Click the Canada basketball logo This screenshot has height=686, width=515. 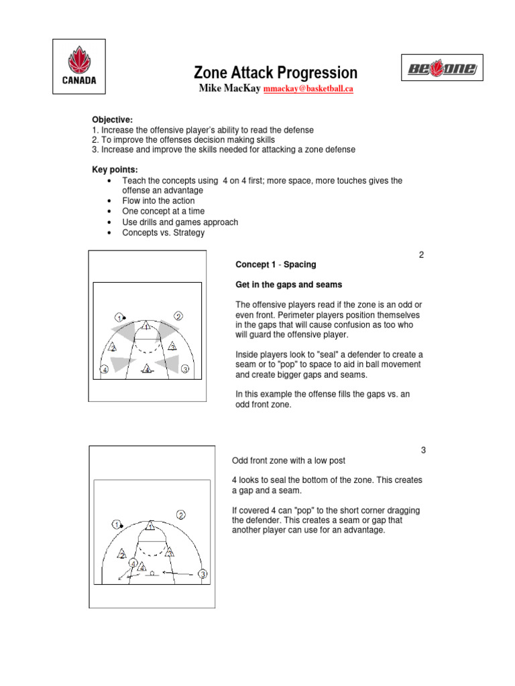(75, 65)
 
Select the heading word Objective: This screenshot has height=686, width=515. (113, 119)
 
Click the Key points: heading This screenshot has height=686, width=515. (115, 170)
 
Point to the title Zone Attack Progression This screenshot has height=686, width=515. (276, 72)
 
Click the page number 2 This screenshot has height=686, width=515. (421, 255)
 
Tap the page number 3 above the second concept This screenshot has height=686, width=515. (423, 450)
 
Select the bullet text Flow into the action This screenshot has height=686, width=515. (158, 201)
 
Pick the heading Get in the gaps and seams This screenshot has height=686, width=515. (289, 285)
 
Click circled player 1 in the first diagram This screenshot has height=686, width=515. (119, 316)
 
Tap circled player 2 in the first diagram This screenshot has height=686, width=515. (178, 316)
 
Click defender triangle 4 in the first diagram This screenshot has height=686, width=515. (147, 369)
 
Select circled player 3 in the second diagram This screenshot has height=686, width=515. (203, 574)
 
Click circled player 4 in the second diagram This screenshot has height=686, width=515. (133, 563)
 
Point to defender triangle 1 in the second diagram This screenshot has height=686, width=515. (151, 525)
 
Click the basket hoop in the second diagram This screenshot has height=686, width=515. (152, 573)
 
